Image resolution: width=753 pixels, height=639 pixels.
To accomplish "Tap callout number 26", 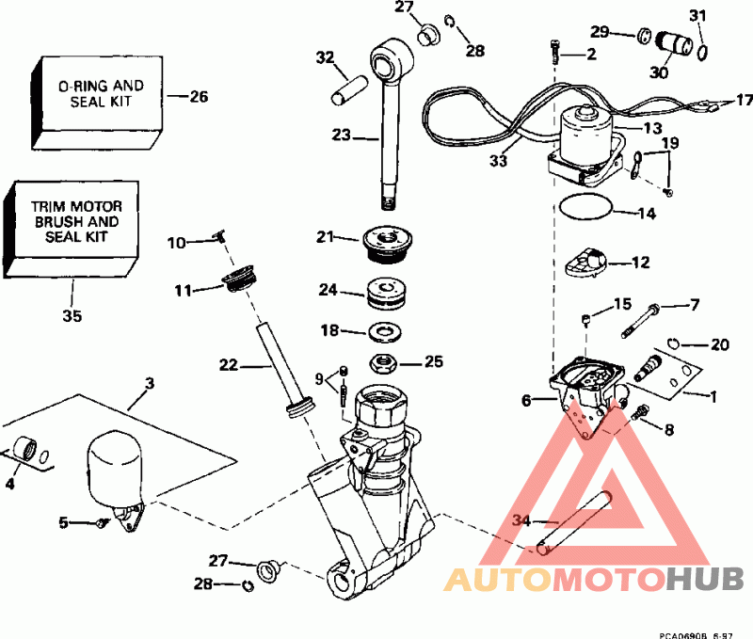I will tap(198, 96).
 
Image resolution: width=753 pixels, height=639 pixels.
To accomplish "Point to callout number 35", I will tap(72, 316).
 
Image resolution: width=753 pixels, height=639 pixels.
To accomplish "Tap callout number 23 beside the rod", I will tap(342, 136).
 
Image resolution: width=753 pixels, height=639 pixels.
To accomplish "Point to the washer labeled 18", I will tap(384, 332).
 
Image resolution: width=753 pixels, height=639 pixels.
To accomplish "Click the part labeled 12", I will tap(588, 264).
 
